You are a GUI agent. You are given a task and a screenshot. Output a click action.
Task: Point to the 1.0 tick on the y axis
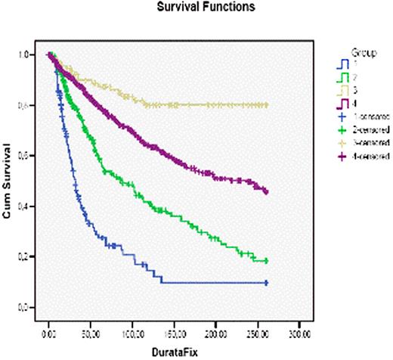coord(25,55)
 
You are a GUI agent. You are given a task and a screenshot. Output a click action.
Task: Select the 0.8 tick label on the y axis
coord(25,106)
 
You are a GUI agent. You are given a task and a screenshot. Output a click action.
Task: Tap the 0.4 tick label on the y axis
coord(25,206)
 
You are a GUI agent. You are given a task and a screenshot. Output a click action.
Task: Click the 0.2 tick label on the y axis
coord(25,257)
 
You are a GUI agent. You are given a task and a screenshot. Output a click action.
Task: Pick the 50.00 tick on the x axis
coord(91,331)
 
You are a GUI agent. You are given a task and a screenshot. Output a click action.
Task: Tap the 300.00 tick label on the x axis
coord(300,331)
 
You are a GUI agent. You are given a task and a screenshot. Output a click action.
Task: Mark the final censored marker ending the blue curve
coord(267,283)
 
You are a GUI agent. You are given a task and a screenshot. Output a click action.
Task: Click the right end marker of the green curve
coord(267,261)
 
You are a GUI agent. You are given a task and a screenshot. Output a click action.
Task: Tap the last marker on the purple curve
coord(267,192)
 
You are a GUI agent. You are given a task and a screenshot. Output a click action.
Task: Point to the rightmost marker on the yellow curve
coord(267,105)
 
